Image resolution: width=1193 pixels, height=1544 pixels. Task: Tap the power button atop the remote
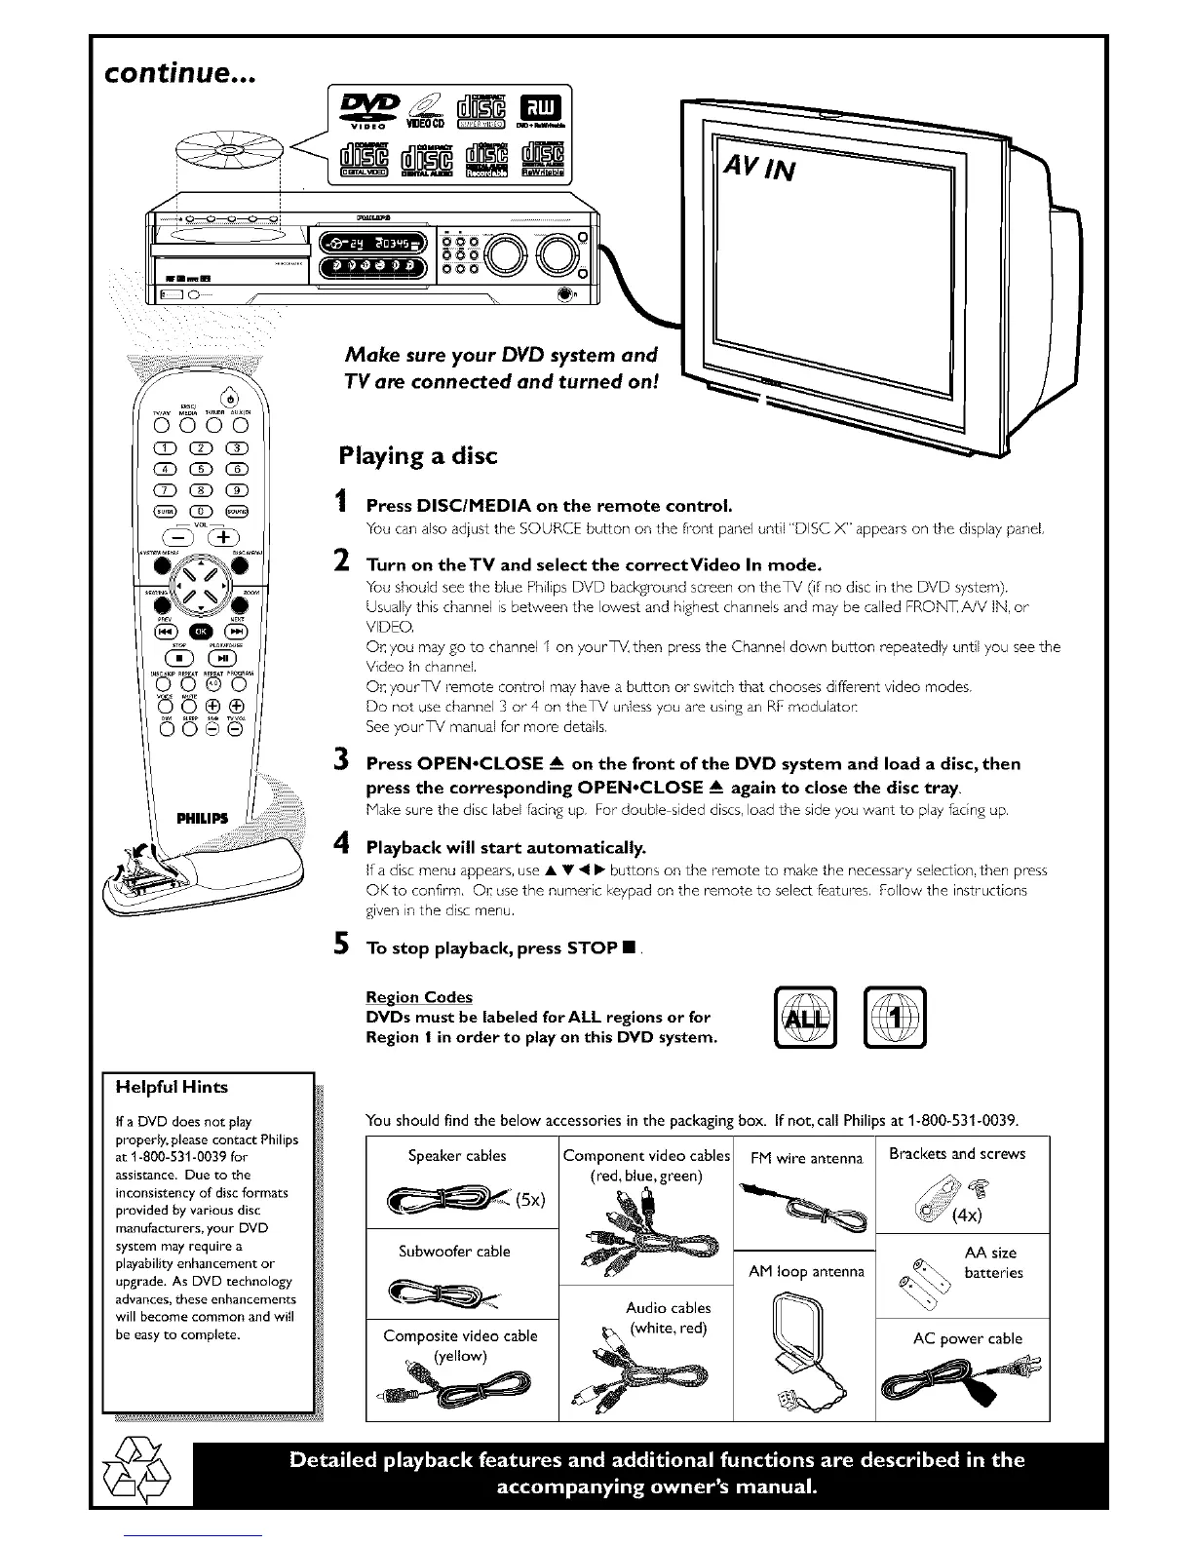point(228,396)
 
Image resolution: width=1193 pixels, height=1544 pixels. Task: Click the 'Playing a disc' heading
point(417,456)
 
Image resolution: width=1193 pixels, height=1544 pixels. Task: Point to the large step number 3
point(341,760)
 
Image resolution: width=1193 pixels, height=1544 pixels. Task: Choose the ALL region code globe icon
point(805,1018)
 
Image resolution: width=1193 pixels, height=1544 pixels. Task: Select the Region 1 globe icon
point(895,1018)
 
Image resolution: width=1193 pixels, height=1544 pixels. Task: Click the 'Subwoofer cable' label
point(454,1251)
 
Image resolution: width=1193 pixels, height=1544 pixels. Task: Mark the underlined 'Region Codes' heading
point(418,997)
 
